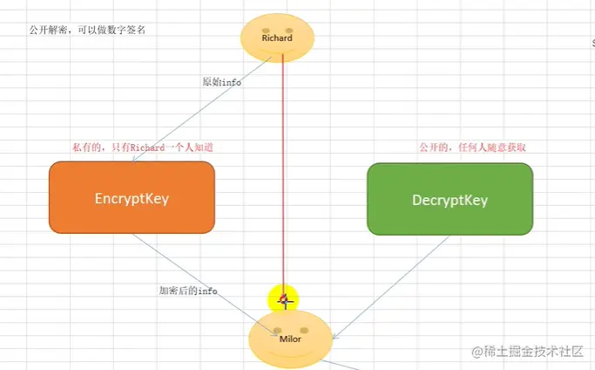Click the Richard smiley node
(277, 38)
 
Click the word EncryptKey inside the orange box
(132, 198)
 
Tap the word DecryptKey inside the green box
(450, 200)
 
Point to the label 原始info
(221, 82)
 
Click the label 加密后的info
(187, 290)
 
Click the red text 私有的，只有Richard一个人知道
(143, 147)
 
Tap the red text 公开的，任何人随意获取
(472, 147)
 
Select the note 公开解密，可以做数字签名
(87, 29)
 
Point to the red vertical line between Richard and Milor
(282, 175)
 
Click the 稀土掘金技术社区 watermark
(528, 351)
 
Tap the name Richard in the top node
(277, 38)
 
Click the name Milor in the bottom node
(290, 339)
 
